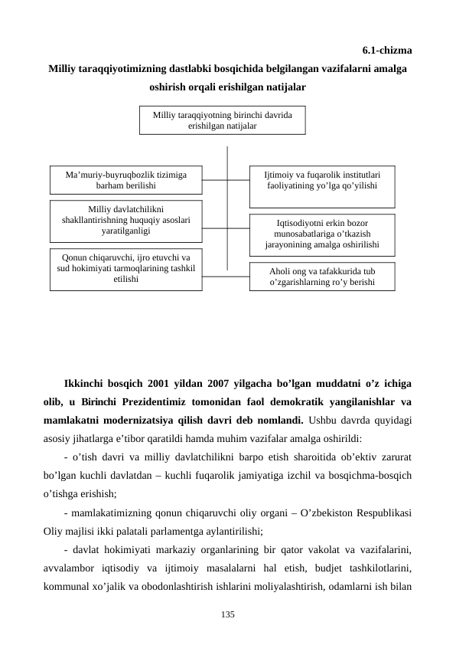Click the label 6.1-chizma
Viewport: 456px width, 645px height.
tap(387, 51)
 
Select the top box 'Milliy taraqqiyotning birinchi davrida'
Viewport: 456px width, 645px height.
tap(222, 120)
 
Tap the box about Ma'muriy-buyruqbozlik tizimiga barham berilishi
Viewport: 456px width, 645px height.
tap(126, 181)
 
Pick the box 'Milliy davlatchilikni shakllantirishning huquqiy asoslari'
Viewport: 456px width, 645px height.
tap(126, 219)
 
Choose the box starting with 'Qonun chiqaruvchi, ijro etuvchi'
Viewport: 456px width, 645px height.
tap(126, 270)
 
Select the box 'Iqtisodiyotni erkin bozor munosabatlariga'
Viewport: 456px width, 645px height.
tap(322, 234)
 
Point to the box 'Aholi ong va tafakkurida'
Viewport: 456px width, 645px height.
tap(322, 277)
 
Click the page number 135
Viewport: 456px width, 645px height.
tap(227, 614)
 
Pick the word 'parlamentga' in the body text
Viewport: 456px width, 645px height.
tap(185, 529)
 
